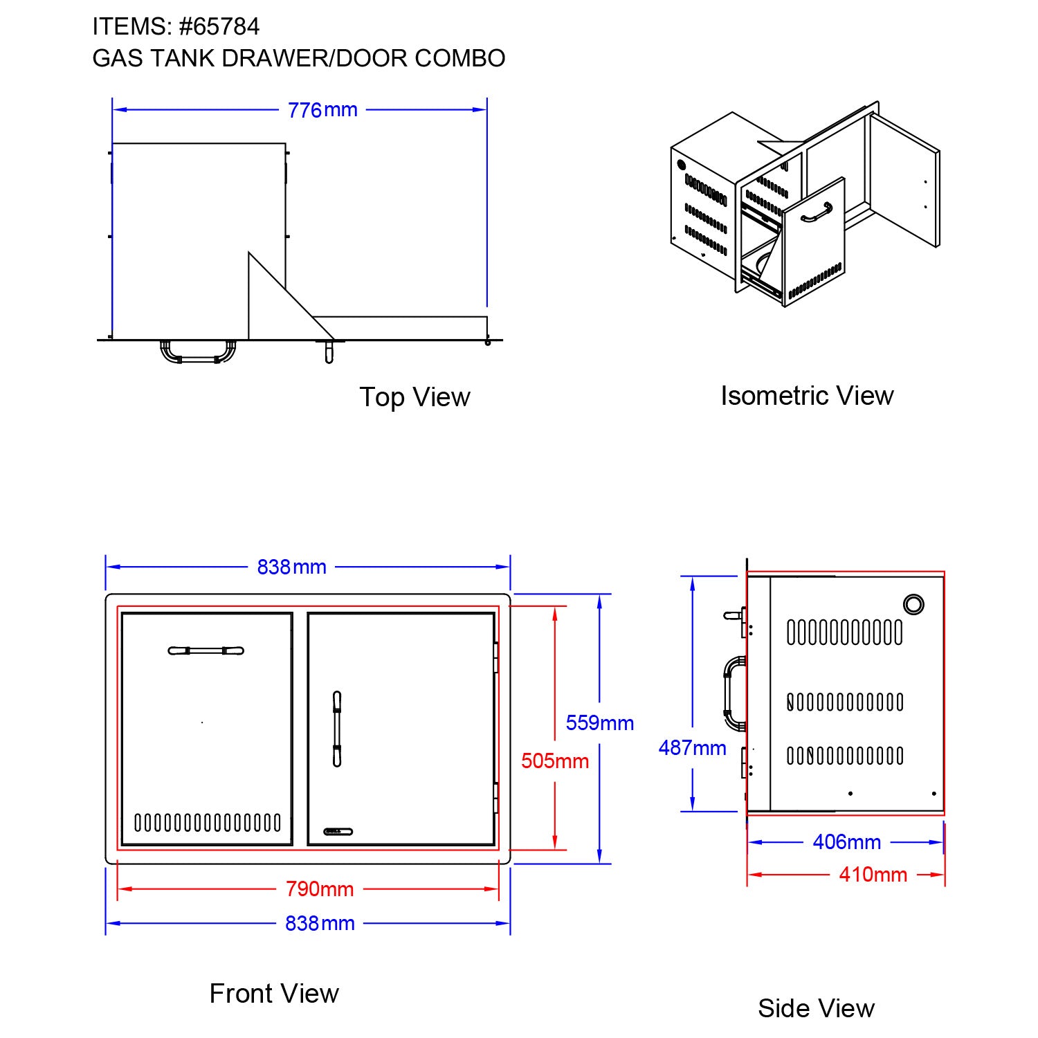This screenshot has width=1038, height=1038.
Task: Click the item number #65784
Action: [x=219, y=27]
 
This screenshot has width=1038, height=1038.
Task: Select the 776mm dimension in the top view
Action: [x=322, y=110]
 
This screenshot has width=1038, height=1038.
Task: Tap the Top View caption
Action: [x=415, y=397]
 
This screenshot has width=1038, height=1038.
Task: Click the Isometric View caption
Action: [x=807, y=396]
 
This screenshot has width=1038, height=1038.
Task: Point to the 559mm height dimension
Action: [x=599, y=723]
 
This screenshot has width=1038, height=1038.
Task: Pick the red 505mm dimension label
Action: [x=555, y=761]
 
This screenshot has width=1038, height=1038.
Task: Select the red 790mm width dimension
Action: [x=320, y=889]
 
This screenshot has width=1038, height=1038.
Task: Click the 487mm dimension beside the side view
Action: [x=692, y=748]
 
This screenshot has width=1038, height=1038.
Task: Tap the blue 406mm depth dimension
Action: [x=846, y=842]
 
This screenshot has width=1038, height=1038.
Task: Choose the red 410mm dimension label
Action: [x=873, y=875]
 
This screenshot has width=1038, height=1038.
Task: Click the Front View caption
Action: [x=274, y=994]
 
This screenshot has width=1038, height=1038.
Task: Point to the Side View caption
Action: [x=816, y=1008]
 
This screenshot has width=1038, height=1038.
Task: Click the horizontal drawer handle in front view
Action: [x=206, y=650]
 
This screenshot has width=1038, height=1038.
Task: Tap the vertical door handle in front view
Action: [x=337, y=729]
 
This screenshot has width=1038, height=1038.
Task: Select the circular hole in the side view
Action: [x=913, y=604]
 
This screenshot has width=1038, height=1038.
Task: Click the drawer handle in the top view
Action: [x=198, y=353]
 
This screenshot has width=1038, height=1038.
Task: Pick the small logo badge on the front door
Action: [x=338, y=831]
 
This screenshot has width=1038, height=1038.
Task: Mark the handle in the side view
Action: [x=733, y=693]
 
